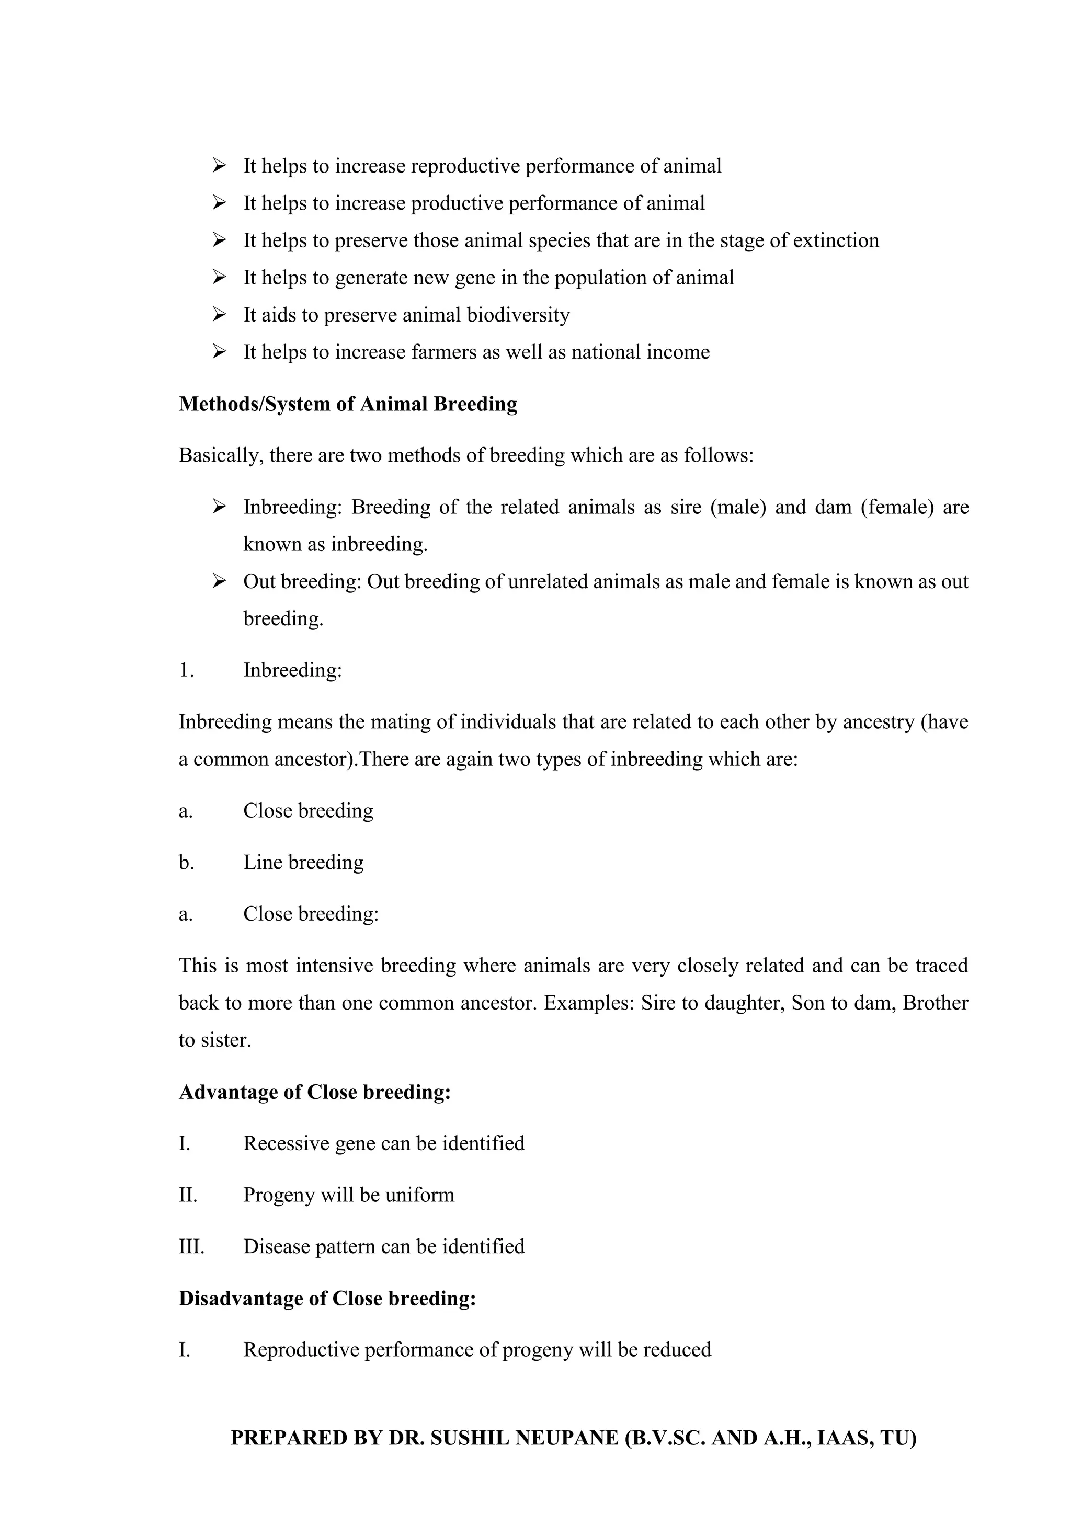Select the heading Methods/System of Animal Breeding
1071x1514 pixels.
click(348, 404)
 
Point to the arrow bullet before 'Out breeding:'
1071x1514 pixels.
click(220, 581)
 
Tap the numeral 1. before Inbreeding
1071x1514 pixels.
click(186, 671)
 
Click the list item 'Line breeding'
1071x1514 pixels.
click(303, 863)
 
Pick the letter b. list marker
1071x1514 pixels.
click(186, 863)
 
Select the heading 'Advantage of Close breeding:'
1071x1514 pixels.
click(315, 1092)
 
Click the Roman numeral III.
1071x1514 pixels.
click(191, 1247)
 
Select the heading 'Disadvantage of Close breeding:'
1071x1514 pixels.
click(327, 1299)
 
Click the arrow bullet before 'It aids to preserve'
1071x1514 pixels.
click(220, 315)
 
